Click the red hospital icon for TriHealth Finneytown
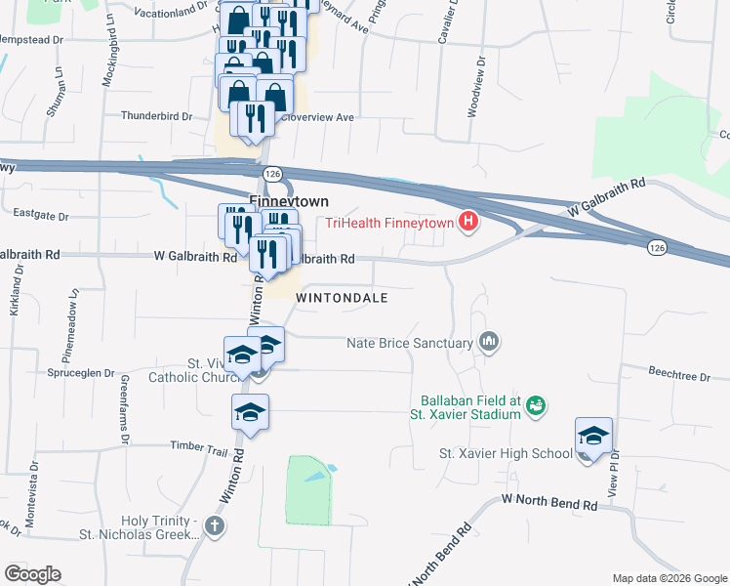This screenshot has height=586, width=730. pos(469,223)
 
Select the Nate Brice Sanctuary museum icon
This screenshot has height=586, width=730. pos(489,342)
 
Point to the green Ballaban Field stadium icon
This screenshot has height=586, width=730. pos(535,404)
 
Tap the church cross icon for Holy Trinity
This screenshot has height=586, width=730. pos(216,526)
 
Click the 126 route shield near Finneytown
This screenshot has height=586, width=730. pos(272,173)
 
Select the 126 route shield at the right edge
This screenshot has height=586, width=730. pos(657,249)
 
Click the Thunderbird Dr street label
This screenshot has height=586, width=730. pos(156,115)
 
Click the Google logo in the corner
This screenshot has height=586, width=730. pos(32,573)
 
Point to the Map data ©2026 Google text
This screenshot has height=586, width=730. pos(669,578)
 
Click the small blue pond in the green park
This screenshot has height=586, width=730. pos(315,476)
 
